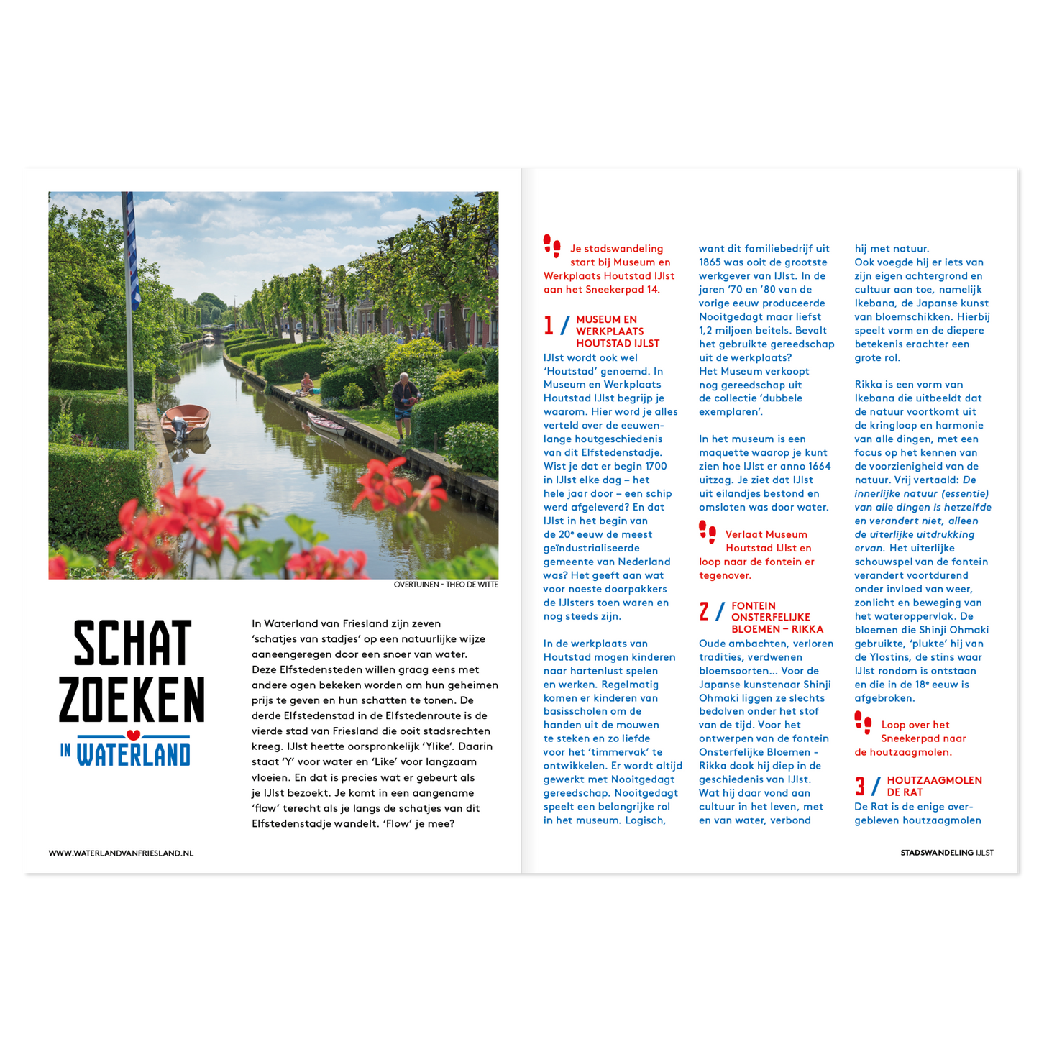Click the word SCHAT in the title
pyautogui.click(x=132, y=643)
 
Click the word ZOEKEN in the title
pyautogui.click(x=132, y=700)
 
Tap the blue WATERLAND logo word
pyautogui.click(x=133, y=754)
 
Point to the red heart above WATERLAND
pyautogui.click(x=132, y=735)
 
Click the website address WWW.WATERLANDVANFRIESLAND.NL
pyautogui.click(x=121, y=853)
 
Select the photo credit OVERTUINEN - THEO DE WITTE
pyautogui.click(x=446, y=585)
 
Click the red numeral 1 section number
pyautogui.click(x=549, y=326)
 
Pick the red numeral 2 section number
pyautogui.click(x=704, y=612)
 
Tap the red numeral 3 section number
pyautogui.click(x=860, y=786)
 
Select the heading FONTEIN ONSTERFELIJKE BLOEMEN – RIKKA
pyautogui.click(x=777, y=618)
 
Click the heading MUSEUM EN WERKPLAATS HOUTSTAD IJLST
pyautogui.click(x=617, y=331)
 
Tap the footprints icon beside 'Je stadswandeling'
pyautogui.click(x=551, y=245)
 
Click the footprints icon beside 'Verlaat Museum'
pyautogui.click(x=708, y=531)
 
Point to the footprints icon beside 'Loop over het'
pyautogui.click(x=863, y=721)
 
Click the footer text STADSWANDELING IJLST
pyautogui.click(x=946, y=853)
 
